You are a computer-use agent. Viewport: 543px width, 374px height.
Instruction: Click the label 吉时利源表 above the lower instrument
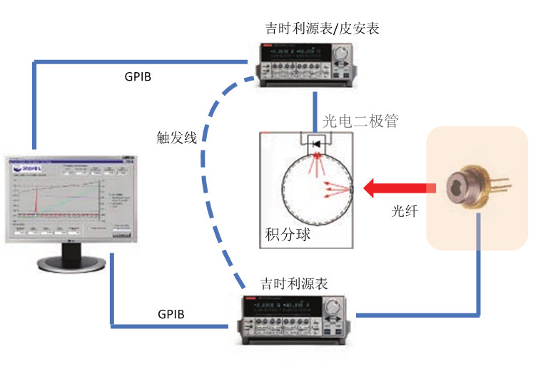[293, 283]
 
